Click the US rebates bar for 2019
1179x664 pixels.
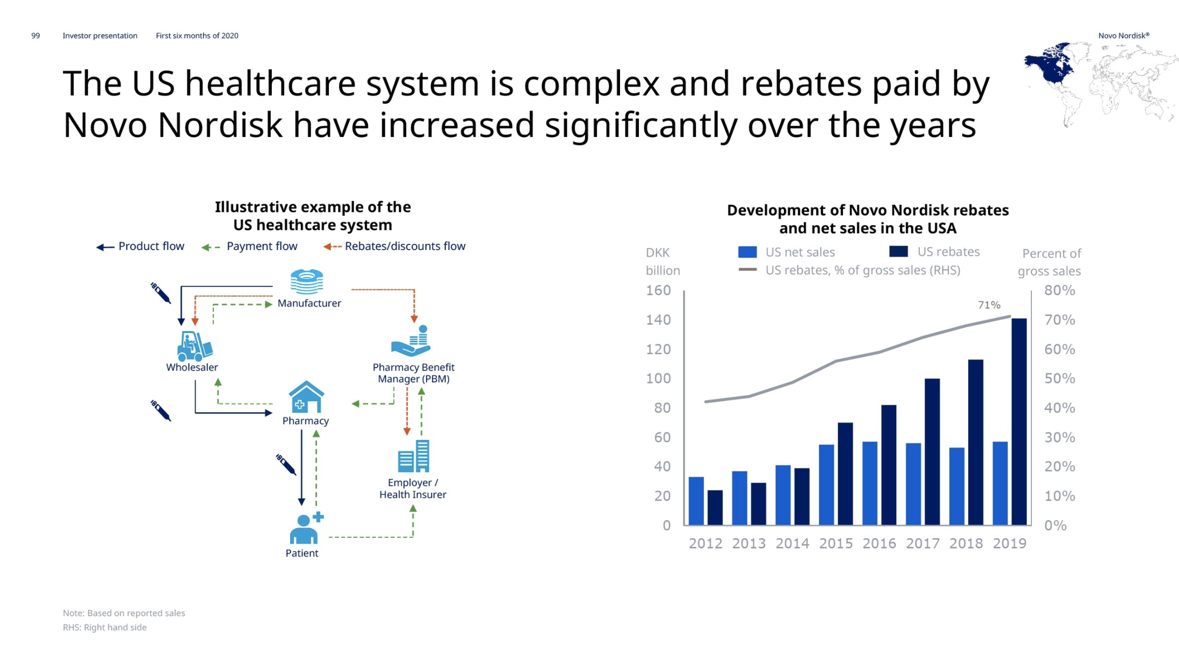pos(1019,422)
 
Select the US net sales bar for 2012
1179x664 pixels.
pos(696,501)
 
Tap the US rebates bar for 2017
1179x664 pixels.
pos(932,452)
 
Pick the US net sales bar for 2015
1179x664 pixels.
pos(826,485)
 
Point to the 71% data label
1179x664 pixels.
pos(989,305)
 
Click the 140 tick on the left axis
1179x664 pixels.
pos(658,320)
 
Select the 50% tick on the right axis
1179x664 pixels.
pos(1060,378)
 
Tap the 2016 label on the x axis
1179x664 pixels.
pos(879,543)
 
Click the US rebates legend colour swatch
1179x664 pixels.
pos(899,252)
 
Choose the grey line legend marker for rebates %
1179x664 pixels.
pos(747,270)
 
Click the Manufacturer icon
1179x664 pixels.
pos(306,282)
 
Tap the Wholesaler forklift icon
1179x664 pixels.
pos(194,346)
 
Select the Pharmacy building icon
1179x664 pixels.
pos(306,397)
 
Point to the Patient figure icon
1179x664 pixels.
pos(306,529)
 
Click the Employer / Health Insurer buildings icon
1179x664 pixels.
pos(413,456)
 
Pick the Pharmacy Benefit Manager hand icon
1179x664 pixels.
pos(411,341)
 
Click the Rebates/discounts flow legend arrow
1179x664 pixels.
pos(332,247)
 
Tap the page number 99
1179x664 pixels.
pos(36,36)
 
